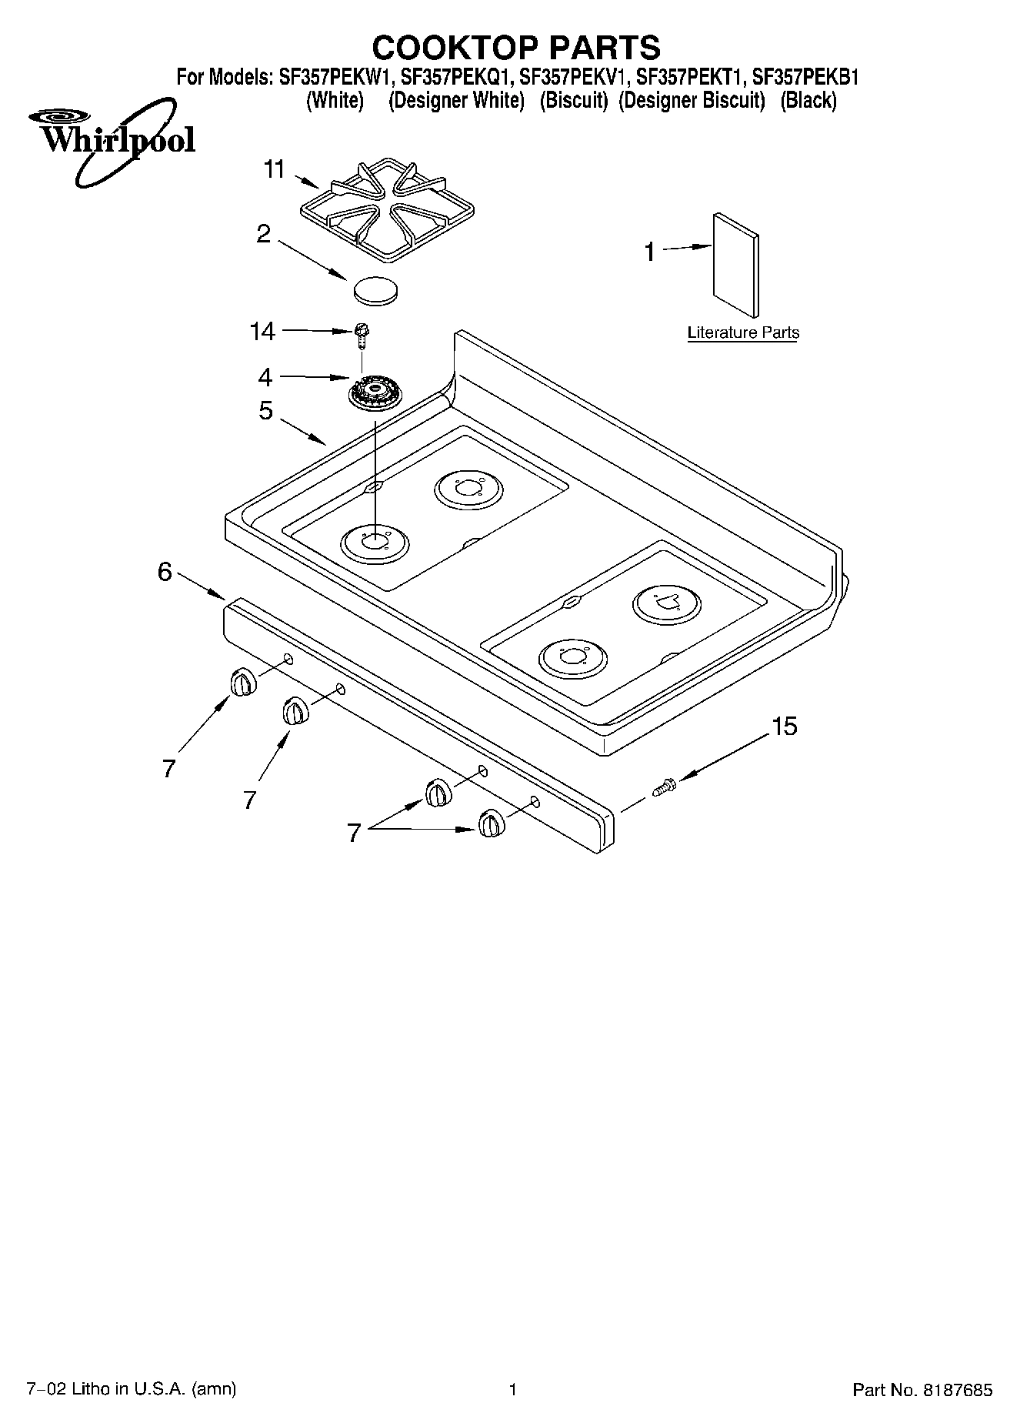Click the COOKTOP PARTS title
coord(516,48)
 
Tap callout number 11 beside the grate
coord(275,169)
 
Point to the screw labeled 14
coord(360,334)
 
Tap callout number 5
coord(265,411)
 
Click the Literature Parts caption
coord(743,333)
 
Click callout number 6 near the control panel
coord(165,572)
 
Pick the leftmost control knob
coord(242,683)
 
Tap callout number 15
coord(784,726)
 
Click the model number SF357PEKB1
coord(805,78)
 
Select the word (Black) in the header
coord(808,101)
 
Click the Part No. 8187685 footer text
coord(922,1390)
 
